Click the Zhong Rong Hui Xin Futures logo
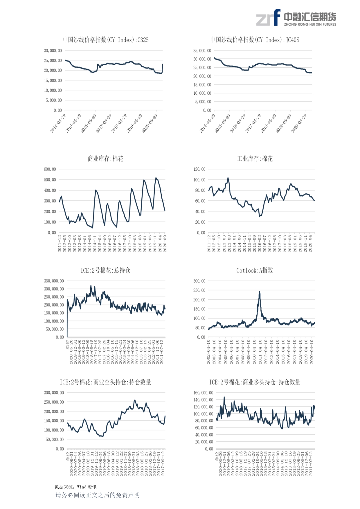(x=296, y=18)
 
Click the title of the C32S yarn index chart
(x=105, y=40)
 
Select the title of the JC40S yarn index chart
(x=255, y=40)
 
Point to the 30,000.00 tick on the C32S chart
(x=53, y=51)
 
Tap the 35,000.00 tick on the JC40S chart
(x=202, y=51)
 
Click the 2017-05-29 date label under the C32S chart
(x=104, y=123)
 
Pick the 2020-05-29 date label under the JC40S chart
(x=299, y=123)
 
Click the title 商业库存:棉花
(x=105, y=159)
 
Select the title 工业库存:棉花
(x=255, y=159)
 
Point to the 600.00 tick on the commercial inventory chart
(x=50, y=169)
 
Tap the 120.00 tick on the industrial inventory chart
(x=199, y=169)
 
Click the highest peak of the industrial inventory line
(x=228, y=178)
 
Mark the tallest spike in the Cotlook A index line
(x=260, y=292)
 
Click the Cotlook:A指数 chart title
(x=255, y=270)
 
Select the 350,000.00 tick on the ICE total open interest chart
(x=54, y=281)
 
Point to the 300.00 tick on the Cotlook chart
(x=199, y=281)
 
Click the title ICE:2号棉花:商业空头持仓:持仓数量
(x=105, y=382)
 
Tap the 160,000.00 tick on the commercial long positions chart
(x=203, y=393)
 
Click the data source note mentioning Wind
(x=75, y=487)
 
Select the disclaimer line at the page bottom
(x=98, y=495)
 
